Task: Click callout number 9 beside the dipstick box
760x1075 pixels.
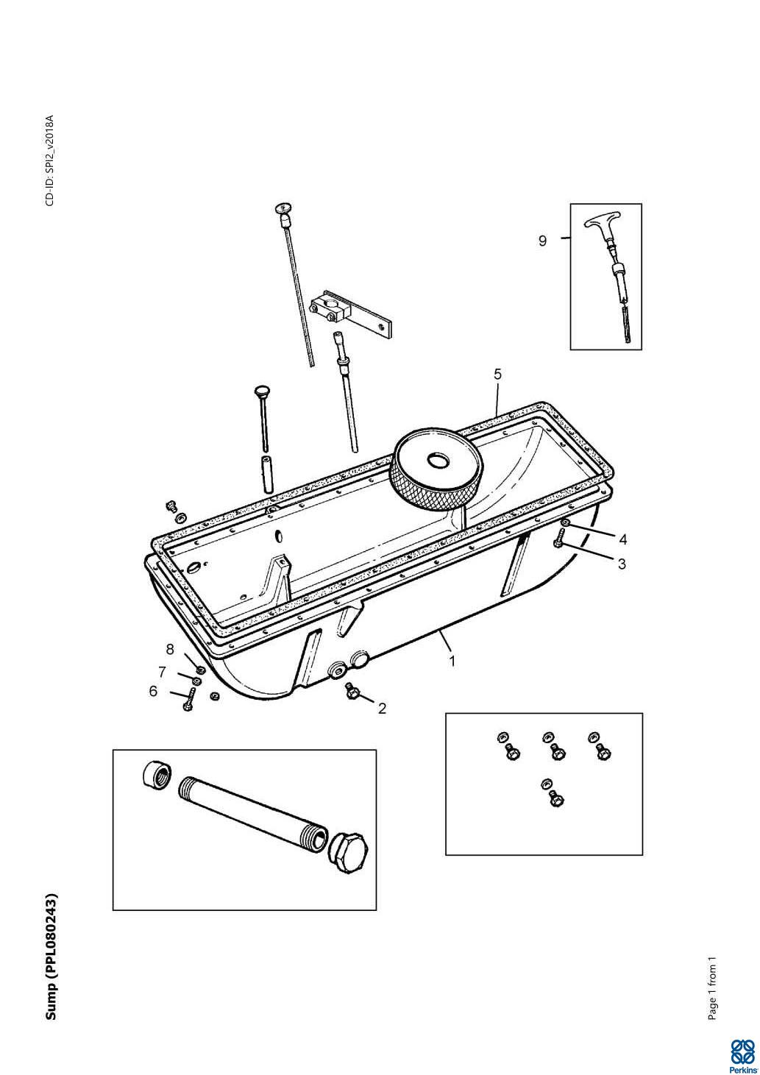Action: pyautogui.click(x=542, y=241)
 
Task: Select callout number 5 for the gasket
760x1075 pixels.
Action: pyautogui.click(x=497, y=374)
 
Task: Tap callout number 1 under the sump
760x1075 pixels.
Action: pyautogui.click(x=452, y=661)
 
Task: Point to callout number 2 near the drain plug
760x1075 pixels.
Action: pyautogui.click(x=382, y=709)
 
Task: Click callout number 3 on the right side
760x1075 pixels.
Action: pyautogui.click(x=622, y=564)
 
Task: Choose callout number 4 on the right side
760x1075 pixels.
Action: pyautogui.click(x=622, y=540)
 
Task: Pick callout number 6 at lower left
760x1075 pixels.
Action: pyautogui.click(x=153, y=692)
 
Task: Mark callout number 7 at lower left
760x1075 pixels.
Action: pyautogui.click(x=162, y=673)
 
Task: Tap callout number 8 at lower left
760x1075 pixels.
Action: pyautogui.click(x=170, y=649)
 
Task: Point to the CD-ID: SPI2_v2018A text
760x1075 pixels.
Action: pyautogui.click(x=50, y=160)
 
